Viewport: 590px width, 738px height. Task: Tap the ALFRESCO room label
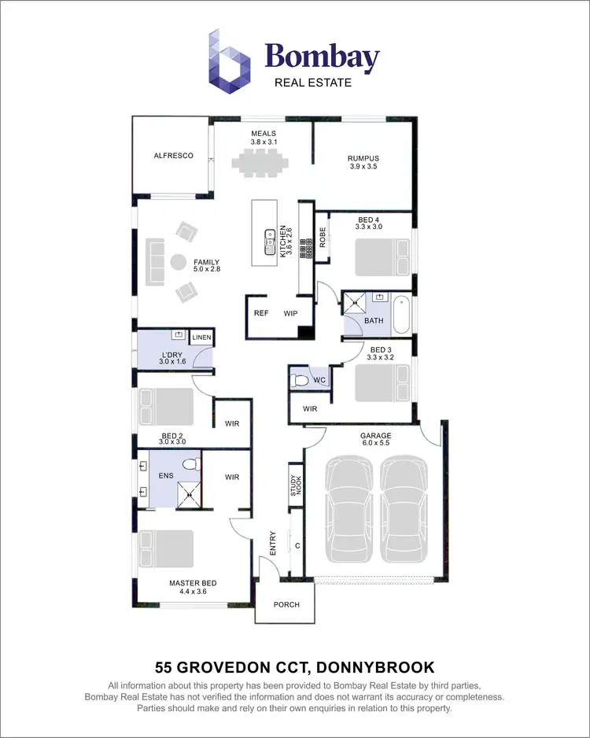coord(173,156)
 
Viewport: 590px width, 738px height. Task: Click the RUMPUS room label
coord(363,158)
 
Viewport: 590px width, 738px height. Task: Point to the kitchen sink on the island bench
coord(269,234)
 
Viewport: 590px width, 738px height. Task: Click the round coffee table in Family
coord(179,263)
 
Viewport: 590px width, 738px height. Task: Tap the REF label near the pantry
coord(261,313)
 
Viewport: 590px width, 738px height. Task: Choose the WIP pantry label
coord(291,313)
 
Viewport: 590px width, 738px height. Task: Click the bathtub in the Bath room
coord(401,312)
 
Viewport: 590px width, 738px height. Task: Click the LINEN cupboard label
coord(201,338)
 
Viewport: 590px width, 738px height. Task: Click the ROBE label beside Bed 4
coord(322,237)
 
